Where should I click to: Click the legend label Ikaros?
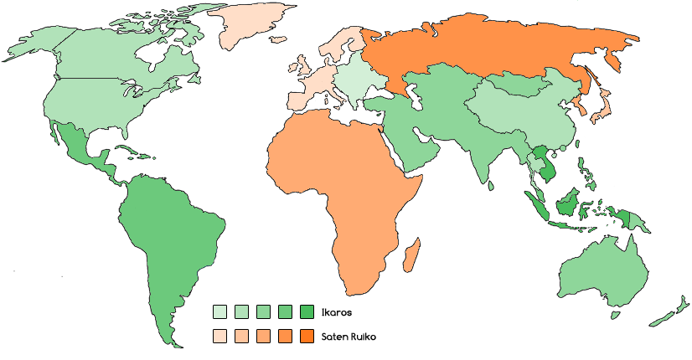pyautogui.click(x=336, y=312)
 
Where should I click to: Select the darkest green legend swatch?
pyautogui.click(x=306, y=312)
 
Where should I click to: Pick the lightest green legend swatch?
pyautogui.click(x=219, y=312)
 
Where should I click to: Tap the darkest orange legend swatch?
pyautogui.click(x=306, y=337)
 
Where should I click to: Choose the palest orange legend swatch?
pyautogui.click(x=219, y=337)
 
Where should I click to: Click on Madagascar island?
pyautogui.click(x=411, y=254)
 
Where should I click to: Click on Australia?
pyautogui.click(x=603, y=268)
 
